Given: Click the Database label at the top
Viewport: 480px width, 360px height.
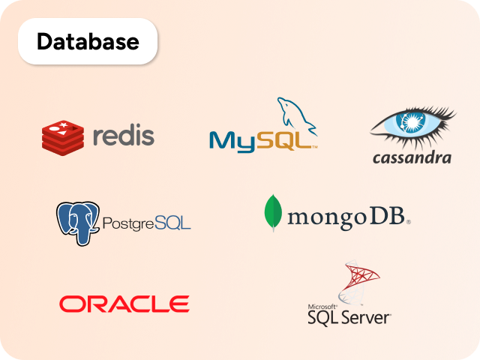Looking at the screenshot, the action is pyautogui.click(x=88, y=42).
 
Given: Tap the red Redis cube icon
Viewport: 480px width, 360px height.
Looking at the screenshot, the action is pyautogui.click(x=63, y=136).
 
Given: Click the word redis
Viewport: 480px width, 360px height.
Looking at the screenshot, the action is pyautogui.click(x=124, y=136).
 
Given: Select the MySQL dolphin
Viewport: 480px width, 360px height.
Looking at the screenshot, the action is pyautogui.click(x=296, y=116).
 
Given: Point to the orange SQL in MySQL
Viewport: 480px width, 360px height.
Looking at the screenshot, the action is pyautogui.click(x=284, y=139).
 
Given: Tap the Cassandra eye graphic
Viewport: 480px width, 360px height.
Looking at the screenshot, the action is pyautogui.click(x=412, y=124).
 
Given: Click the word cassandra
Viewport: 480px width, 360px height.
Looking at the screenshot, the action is pyautogui.click(x=412, y=157).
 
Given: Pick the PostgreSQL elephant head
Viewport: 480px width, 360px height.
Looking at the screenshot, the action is pyautogui.click(x=77, y=220).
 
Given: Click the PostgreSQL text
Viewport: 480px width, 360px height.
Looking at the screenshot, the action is pyautogui.click(x=145, y=223).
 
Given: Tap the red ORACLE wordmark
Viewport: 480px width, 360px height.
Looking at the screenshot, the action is pyautogui.click(x=124, y=304).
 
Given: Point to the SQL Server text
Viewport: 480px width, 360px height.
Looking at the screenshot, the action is pyautogui.click(x=349, y=318).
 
